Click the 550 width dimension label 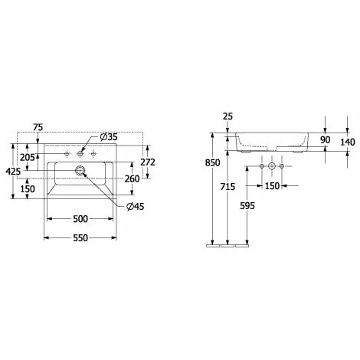[80, 238]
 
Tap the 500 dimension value [80, 219]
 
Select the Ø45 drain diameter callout [136, 206]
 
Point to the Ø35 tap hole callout [109, 137]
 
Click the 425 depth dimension [13, 172]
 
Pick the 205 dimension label [28, 158]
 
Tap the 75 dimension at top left [38, 127]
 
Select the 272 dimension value [148, 162]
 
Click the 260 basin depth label [132, 178]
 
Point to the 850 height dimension [212, 162]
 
